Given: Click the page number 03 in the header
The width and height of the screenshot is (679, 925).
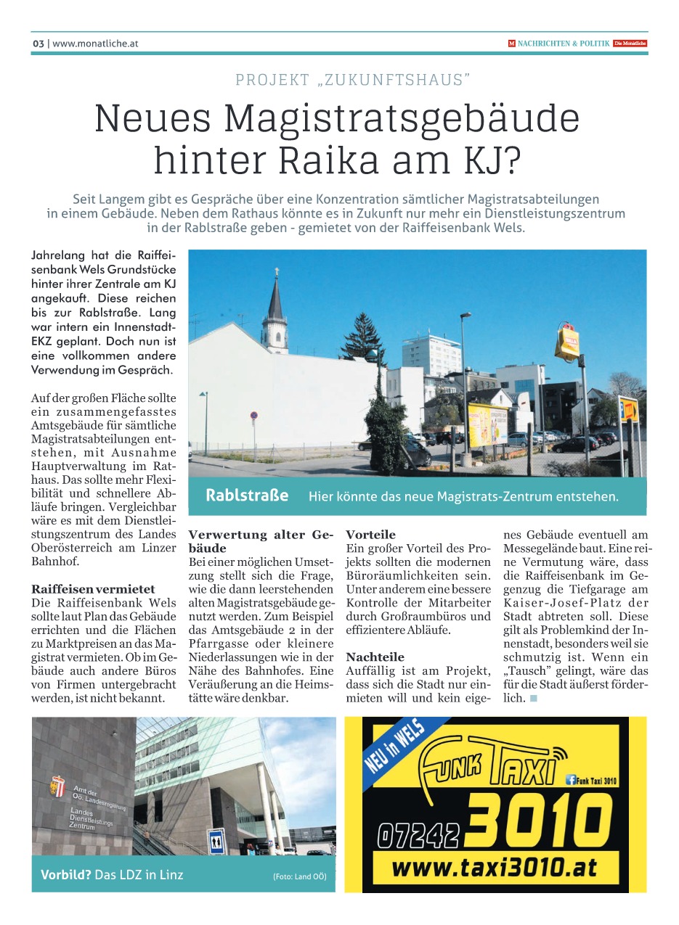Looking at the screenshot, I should [x=38, y=44].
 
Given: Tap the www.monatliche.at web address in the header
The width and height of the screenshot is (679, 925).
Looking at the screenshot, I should [x=95, y=44].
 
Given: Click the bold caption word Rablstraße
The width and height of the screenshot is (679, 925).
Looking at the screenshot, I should [x=247, y=496].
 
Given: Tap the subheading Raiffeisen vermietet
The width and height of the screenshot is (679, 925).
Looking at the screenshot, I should [x=93, y=589].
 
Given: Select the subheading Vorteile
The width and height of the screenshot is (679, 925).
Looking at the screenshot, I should [x=370, y=535].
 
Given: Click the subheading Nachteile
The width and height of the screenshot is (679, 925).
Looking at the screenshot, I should [x=375, y=657].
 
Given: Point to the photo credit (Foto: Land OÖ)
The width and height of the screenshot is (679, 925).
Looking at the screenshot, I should [x=299, y=876].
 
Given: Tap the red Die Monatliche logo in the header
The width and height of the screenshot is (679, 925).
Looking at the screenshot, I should [x=630, y=44].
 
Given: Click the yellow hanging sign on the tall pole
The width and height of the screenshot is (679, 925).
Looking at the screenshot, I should [x=566, y=343].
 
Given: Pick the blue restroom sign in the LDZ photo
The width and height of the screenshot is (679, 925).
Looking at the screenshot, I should [x=216, y=843].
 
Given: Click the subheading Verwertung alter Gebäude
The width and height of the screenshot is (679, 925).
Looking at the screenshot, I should [x=259, y=541].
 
